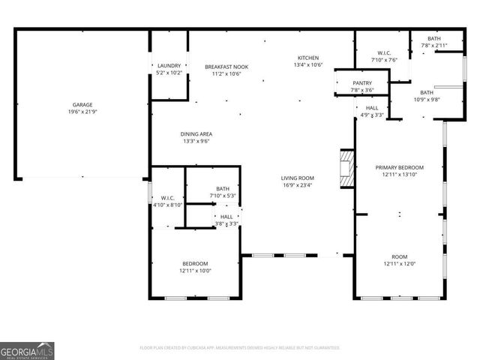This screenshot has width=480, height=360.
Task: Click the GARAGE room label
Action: pyautogui.click(x=82, y=104)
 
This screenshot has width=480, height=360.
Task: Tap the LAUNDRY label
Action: pyautogui.click(x=169, y=66)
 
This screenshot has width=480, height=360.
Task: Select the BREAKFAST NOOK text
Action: pyautogui.click(x=226, y=67)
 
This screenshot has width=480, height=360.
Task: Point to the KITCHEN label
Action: pyautogui.click(x=308, y=58)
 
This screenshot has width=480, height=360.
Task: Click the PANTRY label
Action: pyautogui.click(x=361, y=83)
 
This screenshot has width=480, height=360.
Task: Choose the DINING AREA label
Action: pyautogui.click(x=195, y=133)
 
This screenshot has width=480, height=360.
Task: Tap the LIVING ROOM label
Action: pyautogui.click(x=297, y=178)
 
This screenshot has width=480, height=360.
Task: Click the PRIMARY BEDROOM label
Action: pyautogui.click(x=400, y=167)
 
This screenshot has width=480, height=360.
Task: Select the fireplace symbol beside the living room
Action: pyautogui.click(x=346, y=169)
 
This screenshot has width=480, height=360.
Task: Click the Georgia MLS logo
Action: pyautogui.click(x=27, y=350)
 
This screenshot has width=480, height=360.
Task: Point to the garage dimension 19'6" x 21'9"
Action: pyautogui.click(x=82, y=112)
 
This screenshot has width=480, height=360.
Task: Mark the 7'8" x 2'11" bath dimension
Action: pyautogui.click(x=434, y=46)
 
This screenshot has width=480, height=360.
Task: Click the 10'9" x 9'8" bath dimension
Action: pyautogui.click(x=427, y=99)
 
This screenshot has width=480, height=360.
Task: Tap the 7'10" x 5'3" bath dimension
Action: pyautogui.click(x=223, y=196)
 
